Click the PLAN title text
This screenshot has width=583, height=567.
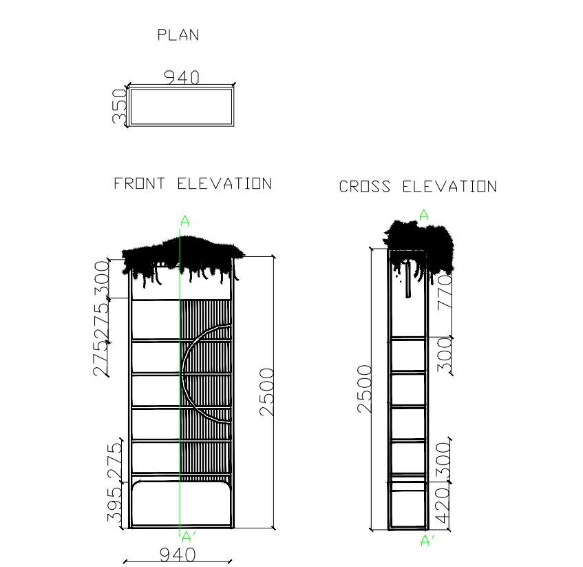pyautogui.click(x=178, y=35)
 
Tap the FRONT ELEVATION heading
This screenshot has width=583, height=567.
pyautogui.click(x=193, y=184)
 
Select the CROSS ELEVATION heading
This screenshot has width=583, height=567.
pyautogui.click(x=417, y=187)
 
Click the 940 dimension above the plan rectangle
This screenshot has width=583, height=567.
pyautogui.click(x=181, y=77)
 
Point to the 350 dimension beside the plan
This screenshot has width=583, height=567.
pyautogui.click(x=120, y=106)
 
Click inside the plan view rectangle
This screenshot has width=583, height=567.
pyautogui.click(x=181, y=106)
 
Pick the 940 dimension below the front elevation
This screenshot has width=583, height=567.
pyautogui.click(x=177, y=555)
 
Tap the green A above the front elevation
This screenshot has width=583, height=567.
pyautogui.click(x=184, y=221)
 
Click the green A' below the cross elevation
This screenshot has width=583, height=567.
pyautogui.click(x=427, y=541)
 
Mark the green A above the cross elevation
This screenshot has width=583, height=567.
pyautogui.click(x=424, y=216)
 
